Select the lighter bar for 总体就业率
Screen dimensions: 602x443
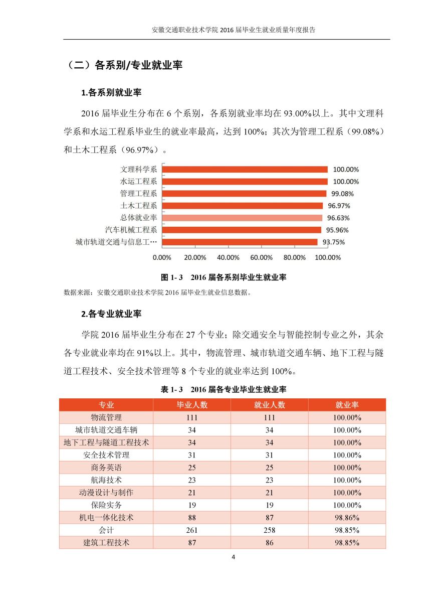point(242,218)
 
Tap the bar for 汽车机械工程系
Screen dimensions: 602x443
point(242,230)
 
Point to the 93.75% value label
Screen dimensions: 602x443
point(334,242)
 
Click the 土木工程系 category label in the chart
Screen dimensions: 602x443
point(139,206)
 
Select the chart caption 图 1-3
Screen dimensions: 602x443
point(224,277)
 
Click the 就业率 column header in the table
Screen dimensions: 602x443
point(347,405)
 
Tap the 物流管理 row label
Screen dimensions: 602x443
point(106,417)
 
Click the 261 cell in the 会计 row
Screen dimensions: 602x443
point(192,530)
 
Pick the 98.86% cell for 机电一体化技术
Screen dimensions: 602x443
point(347,518)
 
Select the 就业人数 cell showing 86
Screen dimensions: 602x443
point(270,543)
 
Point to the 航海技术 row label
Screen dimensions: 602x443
point(106,480)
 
